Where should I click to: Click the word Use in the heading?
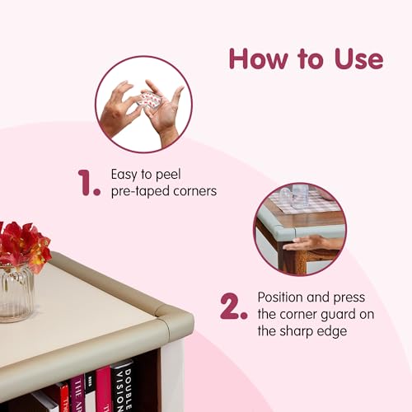point(358,59)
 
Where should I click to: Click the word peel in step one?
point(168,175)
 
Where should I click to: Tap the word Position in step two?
point(279,297)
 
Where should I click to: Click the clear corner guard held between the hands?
point(147,101)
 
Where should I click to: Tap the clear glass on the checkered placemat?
point(300,196)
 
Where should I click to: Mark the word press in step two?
point(349,298)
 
